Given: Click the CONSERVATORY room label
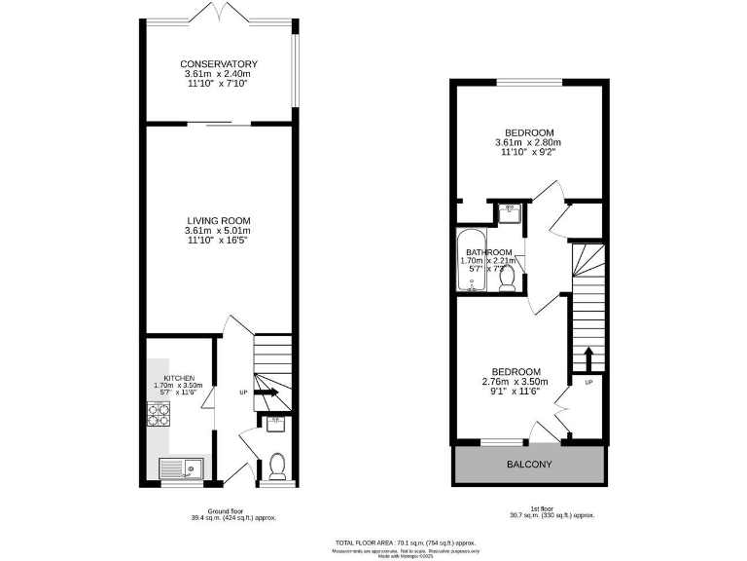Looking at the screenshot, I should click(x=220, y=64).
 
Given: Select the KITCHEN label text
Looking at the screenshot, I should click(x=178, y=378).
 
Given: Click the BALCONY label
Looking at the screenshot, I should click(x=529, y=466).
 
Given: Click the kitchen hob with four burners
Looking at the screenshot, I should click(x=159, y=416).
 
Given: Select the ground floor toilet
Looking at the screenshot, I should click(x=276, y=467).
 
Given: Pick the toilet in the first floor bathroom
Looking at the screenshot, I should click(x=507, y=279).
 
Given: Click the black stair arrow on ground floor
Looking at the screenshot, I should click(x=268, y=393).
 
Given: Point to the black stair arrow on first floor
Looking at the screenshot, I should click(x=587, y=355).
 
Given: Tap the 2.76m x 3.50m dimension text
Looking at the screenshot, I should click(x=516, y=381).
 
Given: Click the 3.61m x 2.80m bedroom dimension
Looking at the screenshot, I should click(x=528, y=143).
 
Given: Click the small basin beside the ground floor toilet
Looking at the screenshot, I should click(x=273, y=423).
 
